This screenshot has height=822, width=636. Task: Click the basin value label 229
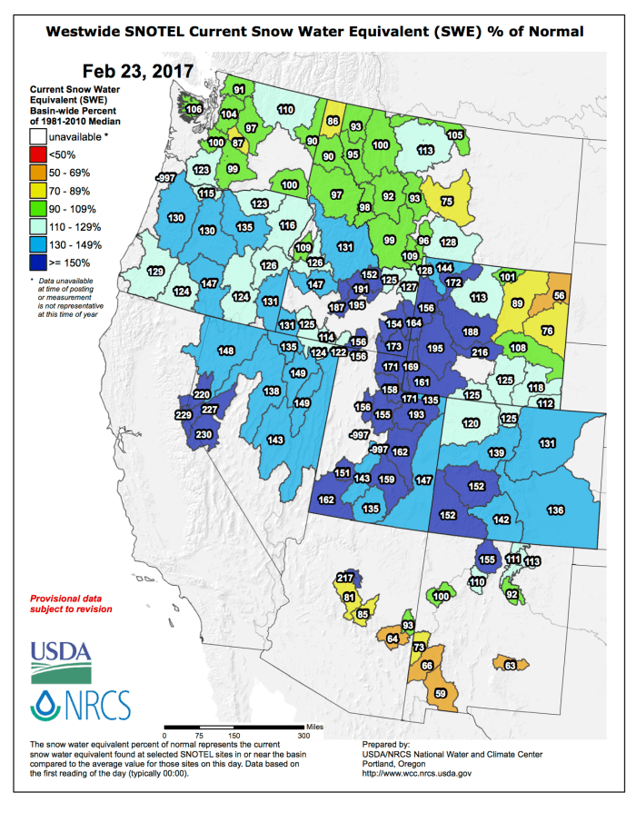click(x=183, y=415)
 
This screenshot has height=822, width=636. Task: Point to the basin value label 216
click(x=481, y=352)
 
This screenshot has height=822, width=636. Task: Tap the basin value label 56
click(x=559, y=296)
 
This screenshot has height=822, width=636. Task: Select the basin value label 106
click(x=194, y=109)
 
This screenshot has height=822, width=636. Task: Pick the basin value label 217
click(x=344, y=579)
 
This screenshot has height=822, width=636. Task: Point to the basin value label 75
click(x=446, y=202)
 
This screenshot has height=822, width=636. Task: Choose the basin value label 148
click(x=226, y=352)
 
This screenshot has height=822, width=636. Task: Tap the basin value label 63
click(x=511, y=667)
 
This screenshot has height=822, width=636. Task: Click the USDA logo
click(x=61, y=660)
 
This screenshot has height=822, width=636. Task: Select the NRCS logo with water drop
click(x=81, y=704)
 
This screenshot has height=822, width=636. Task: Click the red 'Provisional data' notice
click(x=72, y=604)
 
